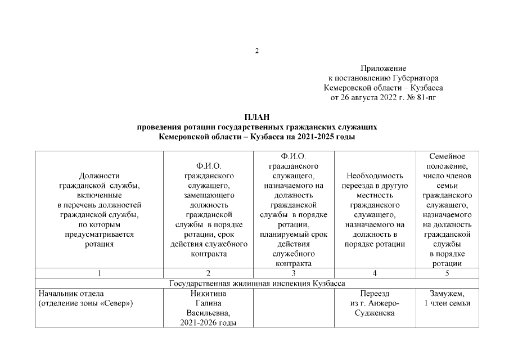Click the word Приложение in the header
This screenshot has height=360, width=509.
click(383, 68)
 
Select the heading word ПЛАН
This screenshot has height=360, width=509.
click(257, 117)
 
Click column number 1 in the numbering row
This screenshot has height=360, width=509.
click(100, 273)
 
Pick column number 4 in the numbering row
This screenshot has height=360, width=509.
click(375, 273)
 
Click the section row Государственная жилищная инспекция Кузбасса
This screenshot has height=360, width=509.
click(257, 283)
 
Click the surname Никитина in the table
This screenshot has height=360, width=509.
click(209, 294)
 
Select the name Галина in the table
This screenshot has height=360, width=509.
click(209, 303)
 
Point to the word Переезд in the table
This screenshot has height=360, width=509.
click(375, 294)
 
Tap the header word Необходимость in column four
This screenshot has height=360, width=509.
click(375, 175)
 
